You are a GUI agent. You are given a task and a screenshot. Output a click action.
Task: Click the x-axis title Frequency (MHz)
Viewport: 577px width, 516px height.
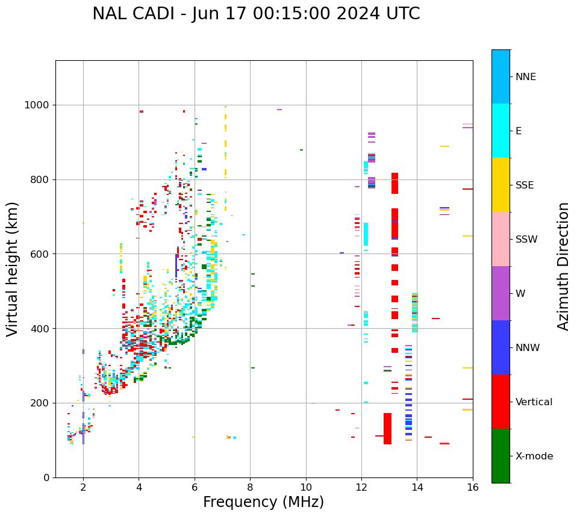pos(263,502)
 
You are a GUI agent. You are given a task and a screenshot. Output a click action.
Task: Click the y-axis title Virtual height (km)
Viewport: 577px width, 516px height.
pos(13,269)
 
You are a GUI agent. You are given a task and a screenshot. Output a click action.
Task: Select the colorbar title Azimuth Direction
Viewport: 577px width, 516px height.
pos(563,266)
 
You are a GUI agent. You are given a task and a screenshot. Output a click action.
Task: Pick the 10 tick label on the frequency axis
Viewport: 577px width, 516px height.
pos(305,487)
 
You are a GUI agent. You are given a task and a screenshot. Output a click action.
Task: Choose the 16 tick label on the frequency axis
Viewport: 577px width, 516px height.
pos(472,487)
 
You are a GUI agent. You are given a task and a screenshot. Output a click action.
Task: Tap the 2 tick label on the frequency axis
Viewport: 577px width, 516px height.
pos(83,487)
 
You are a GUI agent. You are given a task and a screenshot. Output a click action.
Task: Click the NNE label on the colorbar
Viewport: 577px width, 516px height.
pos(525,77)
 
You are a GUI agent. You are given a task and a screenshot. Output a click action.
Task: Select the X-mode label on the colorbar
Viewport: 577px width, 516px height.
pos(534,456)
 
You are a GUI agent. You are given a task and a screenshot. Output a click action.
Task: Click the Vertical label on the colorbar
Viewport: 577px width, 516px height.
pos(534,402)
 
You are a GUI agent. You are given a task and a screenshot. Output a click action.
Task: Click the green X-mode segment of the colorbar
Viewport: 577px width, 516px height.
pos(501,456)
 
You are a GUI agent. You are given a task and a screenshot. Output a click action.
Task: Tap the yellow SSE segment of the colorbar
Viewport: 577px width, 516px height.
pos(501,185)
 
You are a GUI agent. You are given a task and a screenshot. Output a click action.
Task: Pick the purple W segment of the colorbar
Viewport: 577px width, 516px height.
pos(501,293)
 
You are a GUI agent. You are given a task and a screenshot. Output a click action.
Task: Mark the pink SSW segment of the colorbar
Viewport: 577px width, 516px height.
pos(501,239)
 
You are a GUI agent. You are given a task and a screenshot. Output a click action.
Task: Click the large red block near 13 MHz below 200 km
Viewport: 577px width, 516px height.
pos(387,429)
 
